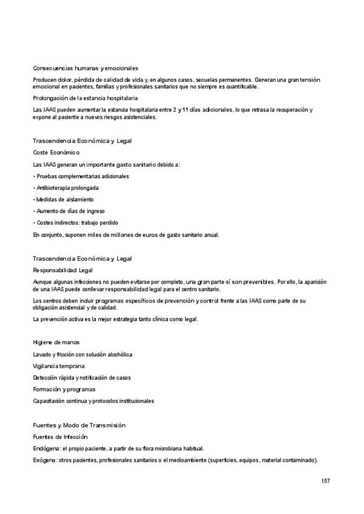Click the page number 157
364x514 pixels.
[326, 481]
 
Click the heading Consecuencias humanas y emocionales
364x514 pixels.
[86, 68]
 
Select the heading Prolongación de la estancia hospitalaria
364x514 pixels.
[85, 98]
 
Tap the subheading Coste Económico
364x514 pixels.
[56, 152]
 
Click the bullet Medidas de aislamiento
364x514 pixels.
[64, 199]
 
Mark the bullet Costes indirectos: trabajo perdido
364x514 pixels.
[76, 222]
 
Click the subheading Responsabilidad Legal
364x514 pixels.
[63, 270]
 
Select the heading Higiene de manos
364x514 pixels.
[56, 342]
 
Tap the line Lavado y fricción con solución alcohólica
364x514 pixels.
[83, 354]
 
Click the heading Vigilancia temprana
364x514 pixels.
[58, 366]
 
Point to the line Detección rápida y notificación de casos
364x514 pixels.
[82, 378]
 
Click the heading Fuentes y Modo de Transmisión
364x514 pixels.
[79, 425]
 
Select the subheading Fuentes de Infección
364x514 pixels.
[60, 436]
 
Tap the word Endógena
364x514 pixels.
[45, 449]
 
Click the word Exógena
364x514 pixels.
[45, 461]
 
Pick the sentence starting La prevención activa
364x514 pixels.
[115, 319]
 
